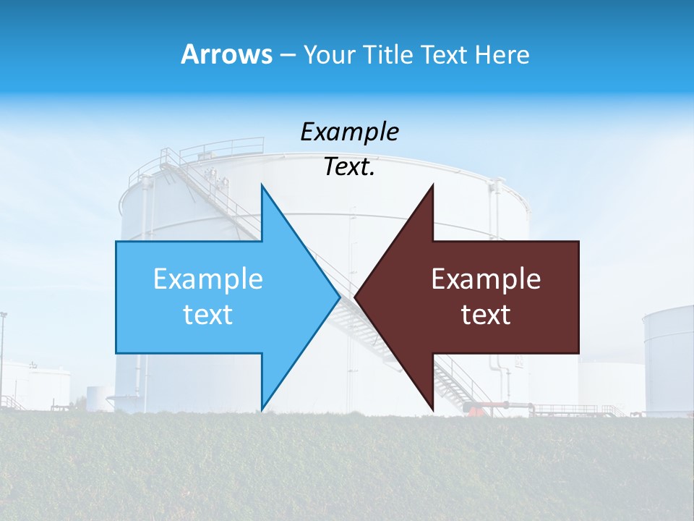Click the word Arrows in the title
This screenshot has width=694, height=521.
coord(226,54)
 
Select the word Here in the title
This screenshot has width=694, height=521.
coord(502,54)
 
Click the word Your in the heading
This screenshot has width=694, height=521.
coord(330,54)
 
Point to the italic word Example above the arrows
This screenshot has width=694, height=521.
coord(349,132)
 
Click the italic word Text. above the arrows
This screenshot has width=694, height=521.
coord(349,167)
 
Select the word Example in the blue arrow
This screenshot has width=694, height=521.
coord(208,279)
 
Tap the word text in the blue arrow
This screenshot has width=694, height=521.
coord(208,315)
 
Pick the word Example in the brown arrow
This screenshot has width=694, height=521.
coord(486,279)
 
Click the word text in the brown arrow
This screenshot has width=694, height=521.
coord(486,315)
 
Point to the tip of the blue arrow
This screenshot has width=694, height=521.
coord(339,297)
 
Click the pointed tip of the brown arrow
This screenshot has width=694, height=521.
coord(356,297)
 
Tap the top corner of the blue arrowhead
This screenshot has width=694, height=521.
coord(262,185)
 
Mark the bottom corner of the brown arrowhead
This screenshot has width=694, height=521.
coord(432,410)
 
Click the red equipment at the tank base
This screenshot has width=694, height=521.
coord(474,410)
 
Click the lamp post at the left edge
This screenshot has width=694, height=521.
coord(3,355)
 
